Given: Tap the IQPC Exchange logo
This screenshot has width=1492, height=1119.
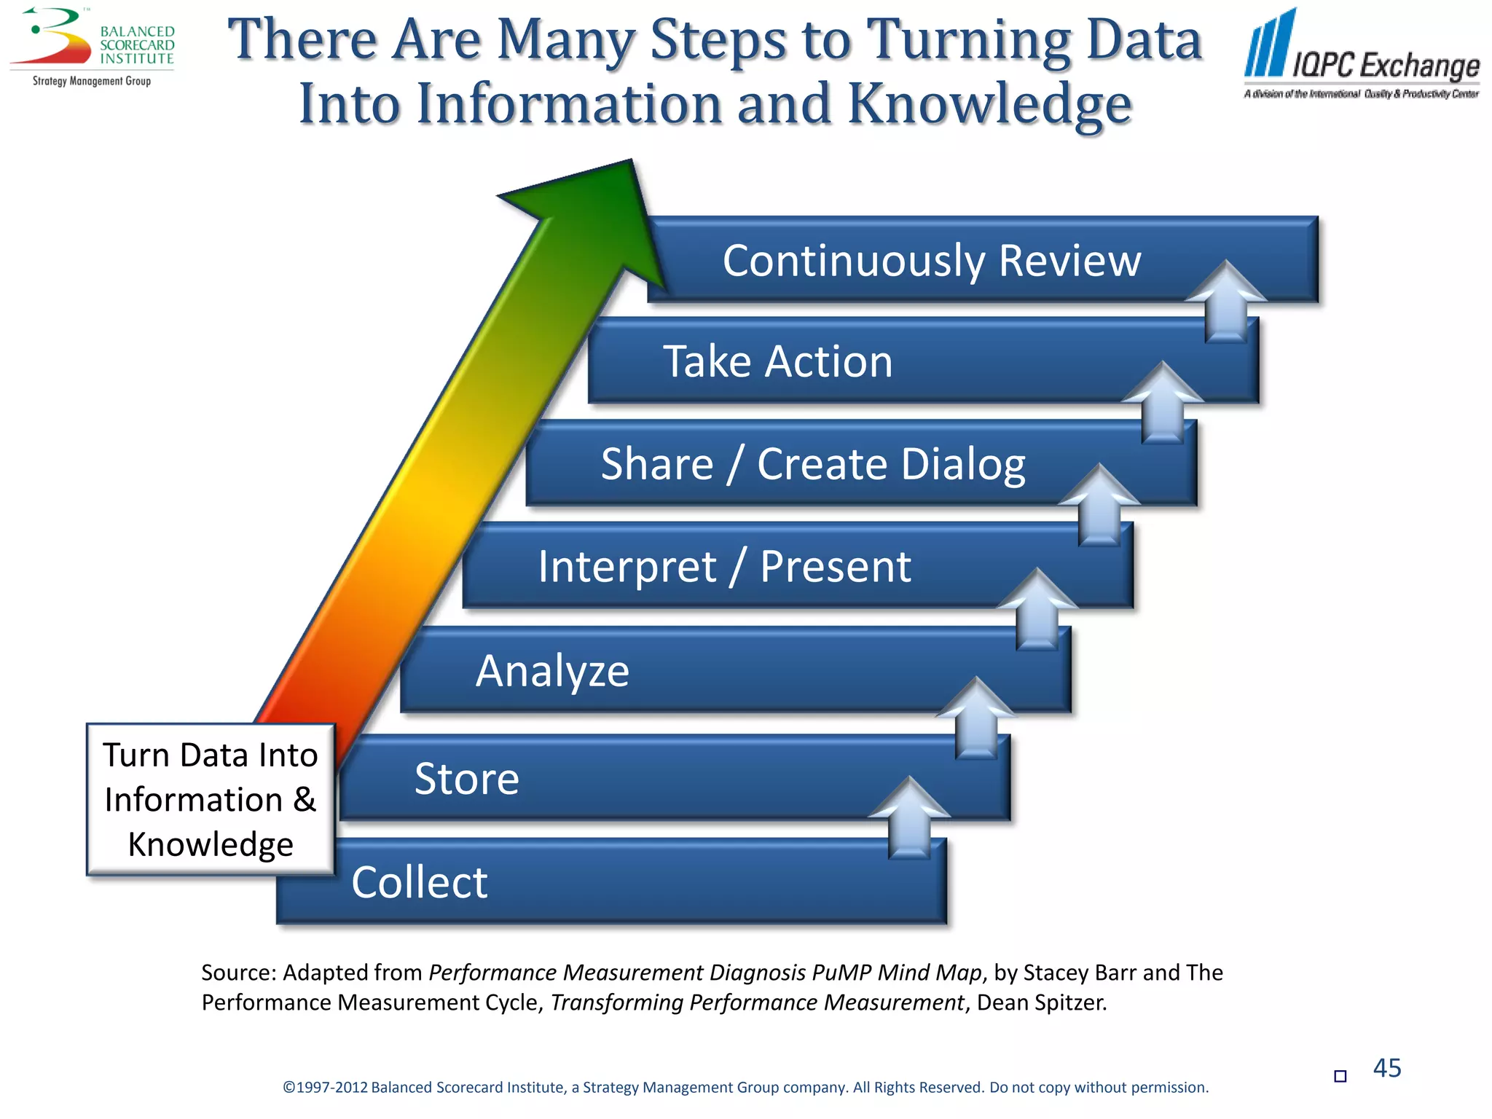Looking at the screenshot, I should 1361,55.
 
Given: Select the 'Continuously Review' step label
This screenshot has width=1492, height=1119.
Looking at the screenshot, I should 931,260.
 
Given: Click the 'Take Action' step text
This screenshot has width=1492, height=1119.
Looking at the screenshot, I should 777,361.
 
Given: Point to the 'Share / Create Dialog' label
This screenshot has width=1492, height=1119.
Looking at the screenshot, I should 812,464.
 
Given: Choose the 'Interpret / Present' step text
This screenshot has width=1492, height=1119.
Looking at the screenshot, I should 724,566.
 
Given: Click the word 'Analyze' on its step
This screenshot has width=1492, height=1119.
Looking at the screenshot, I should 552,671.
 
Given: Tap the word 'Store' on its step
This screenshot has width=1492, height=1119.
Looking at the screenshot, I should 467,778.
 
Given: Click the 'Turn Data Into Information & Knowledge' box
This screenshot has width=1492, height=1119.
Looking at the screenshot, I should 211,799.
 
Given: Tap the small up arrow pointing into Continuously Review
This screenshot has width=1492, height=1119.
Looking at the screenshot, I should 1226,301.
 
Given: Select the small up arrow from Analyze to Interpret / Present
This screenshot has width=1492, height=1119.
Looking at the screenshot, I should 1037,609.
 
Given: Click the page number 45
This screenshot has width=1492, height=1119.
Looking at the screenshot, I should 1386,1068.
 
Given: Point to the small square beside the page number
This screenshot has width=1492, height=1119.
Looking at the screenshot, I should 1340,1076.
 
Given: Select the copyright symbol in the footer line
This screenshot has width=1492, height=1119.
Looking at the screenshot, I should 288,1088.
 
